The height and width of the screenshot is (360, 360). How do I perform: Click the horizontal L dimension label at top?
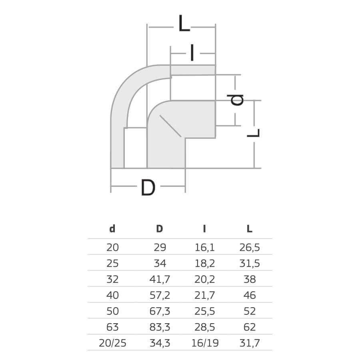click(184, 24)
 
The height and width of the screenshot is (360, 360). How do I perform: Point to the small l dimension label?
click(192, 53)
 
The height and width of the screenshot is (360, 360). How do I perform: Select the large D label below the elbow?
click(148, 188)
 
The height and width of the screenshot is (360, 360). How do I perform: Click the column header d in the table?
click(112, 229)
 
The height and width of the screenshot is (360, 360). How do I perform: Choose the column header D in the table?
click(160, 229)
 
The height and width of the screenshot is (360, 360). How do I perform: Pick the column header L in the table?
click(250, 229)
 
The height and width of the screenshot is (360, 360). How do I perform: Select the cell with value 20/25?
click(112, 343)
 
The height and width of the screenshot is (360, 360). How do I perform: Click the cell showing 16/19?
click(205, 343)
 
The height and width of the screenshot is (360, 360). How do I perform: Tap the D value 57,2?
click(160, 295)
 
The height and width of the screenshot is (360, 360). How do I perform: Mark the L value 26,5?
click(250, 248)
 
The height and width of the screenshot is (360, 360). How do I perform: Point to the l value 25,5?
click(205, 311)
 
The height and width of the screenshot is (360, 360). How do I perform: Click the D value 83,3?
click(160, 327)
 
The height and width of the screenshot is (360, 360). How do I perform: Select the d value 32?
click(112, 279)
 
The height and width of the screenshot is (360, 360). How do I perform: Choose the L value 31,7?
click(250, 343)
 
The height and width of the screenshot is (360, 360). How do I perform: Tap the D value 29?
click(160, 248)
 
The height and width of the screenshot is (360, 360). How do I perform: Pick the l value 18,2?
click(205, 263)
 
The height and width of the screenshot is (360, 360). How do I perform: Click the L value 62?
click(250, 327)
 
